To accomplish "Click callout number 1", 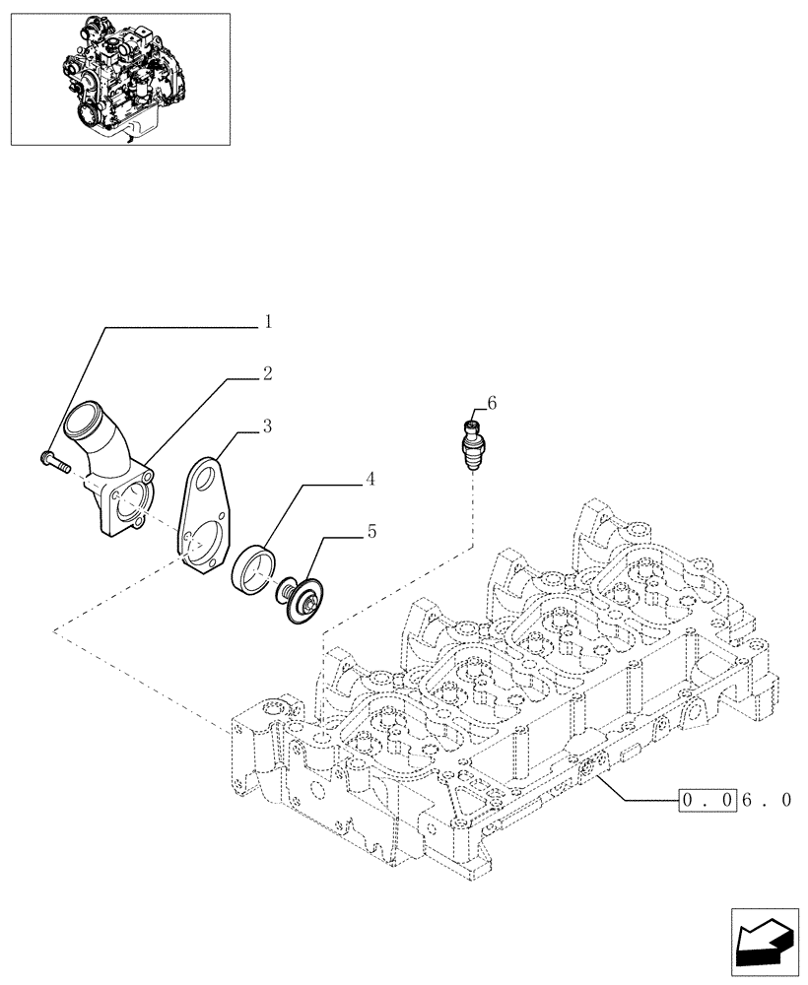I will [267, 322].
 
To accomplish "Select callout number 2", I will [267, 374].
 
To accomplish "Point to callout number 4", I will [370, 480].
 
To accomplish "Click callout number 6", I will [492, 402].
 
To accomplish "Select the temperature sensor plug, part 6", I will [472, 448].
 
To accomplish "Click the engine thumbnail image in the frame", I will [119, 79].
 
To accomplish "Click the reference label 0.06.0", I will [734, 801].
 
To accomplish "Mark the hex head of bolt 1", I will [44, 456].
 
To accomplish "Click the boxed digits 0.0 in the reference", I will [707, 801].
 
